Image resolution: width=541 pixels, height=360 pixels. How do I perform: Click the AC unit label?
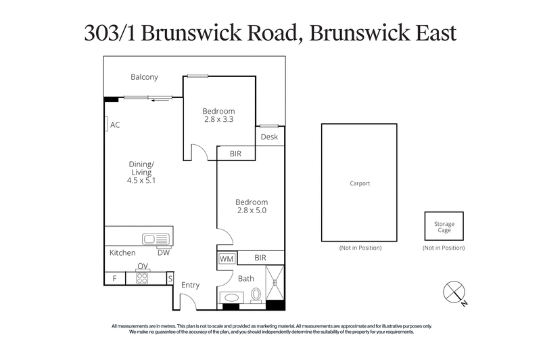(115, 125)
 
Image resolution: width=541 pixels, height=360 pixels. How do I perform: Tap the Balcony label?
(144, 77)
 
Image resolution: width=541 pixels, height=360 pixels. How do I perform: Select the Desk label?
(269, 137)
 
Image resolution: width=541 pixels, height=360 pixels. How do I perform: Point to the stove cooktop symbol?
(142, 277)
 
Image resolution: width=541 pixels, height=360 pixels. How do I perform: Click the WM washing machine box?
(226, 258)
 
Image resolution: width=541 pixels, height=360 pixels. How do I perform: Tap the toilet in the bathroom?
(256, 295)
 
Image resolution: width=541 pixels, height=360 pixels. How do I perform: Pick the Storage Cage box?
(444, 227)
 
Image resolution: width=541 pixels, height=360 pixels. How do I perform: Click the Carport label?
(360, 183)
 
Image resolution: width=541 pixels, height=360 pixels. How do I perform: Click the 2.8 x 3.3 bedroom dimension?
(219, 120)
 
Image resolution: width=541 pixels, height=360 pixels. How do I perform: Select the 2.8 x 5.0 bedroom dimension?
(251, 211)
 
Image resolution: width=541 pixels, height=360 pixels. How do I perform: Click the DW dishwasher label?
(163, 253)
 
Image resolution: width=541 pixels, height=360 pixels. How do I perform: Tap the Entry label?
(191, 285)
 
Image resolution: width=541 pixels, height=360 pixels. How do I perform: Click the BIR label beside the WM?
(260, 258)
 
